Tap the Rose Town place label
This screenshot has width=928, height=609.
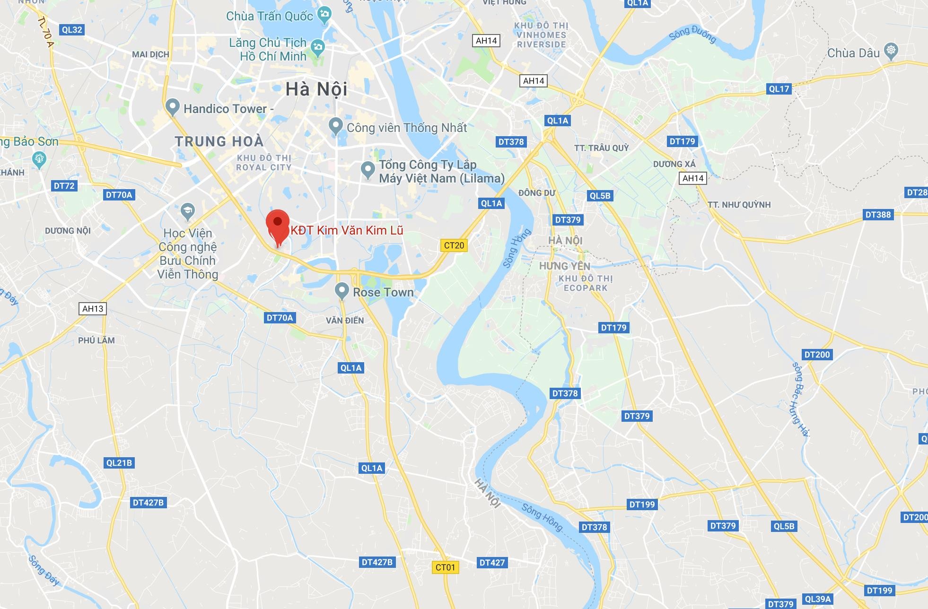coord(383,292)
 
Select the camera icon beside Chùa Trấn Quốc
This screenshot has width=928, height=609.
coord(324,14)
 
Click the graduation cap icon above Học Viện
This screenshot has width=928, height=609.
coord(188,211)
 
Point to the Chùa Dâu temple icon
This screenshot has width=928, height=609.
coord(891,51)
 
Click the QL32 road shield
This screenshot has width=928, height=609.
coord(72,30)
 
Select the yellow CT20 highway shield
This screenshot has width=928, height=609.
coord(454,245)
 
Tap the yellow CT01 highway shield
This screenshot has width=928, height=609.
coord(445,567)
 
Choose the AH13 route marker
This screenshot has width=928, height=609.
coord(93,309)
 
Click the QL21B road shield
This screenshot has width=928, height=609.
coord(119,462)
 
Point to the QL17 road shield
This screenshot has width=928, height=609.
coord(779,88)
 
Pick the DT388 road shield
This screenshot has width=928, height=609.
coord(878,215)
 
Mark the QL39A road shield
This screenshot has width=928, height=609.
coord(818,599)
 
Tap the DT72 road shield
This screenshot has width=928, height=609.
coord(64,186)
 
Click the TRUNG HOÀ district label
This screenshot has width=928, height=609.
coord(219,141)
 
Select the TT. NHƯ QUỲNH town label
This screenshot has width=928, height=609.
coord(739,205)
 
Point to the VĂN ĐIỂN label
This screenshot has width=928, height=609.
coord(345,321)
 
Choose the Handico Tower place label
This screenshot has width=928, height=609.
coord(225,109)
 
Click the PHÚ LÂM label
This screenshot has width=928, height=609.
coord(96,340)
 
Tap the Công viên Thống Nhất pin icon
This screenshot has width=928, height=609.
coord(335,126)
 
